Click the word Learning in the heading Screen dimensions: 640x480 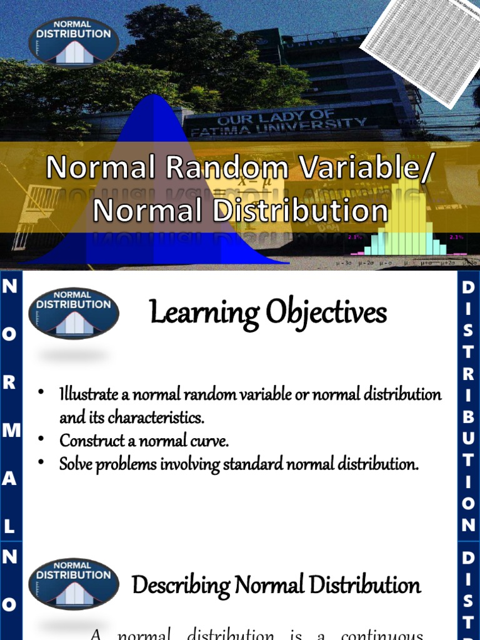pyautogui.click(x=203, y=313)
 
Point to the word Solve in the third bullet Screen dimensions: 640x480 pyautogui.click(x=77, y=464)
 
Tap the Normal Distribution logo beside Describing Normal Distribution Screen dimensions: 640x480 pyautogui.click(x=74, y=583)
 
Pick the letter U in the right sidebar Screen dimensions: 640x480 pyautogui.click(x=469, y=438)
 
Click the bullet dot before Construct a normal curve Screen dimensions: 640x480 pyautogui.click(x=41, y=439)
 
